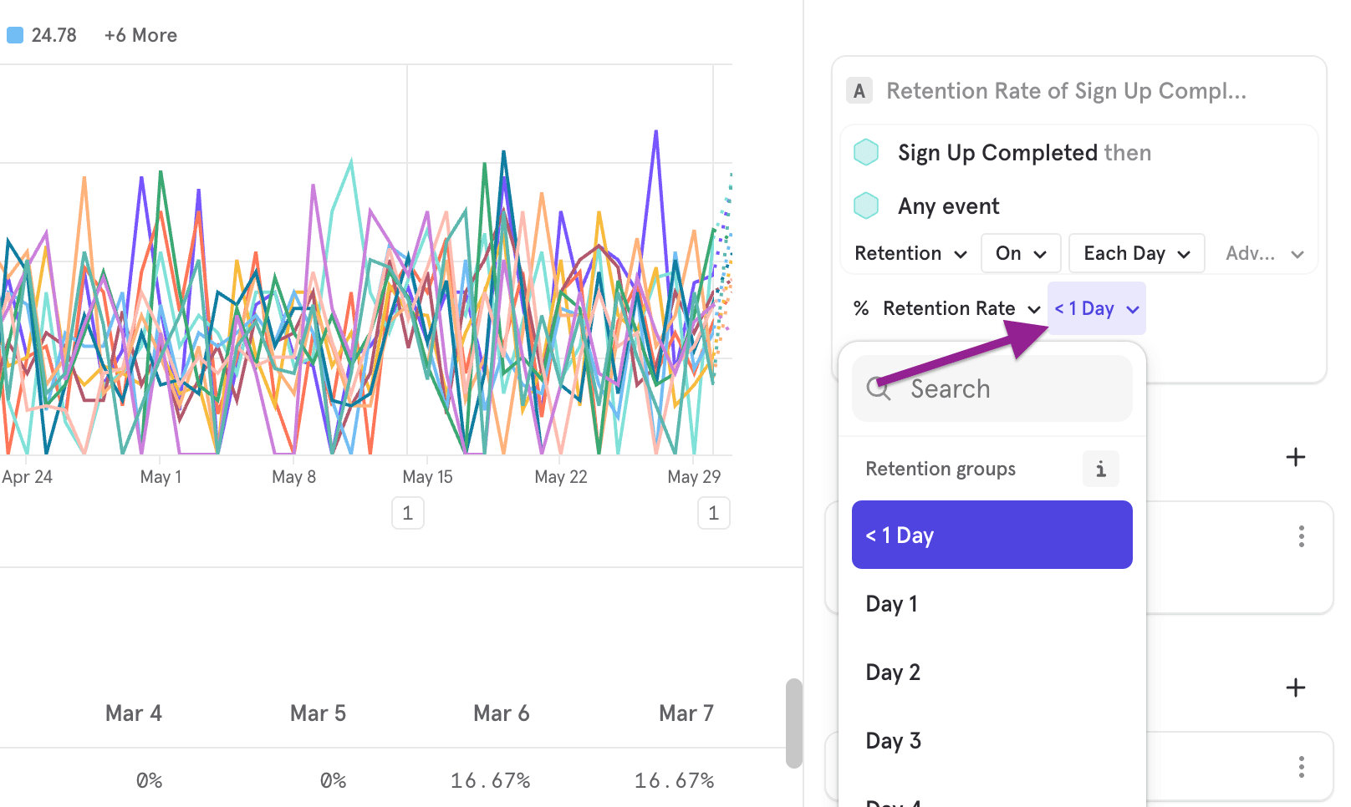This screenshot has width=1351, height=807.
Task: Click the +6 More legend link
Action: click(x=140, y=35)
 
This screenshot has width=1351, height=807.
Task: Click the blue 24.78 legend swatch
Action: click(x=15, y=35)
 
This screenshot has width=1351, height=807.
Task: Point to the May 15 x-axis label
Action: click(x=427, y=477)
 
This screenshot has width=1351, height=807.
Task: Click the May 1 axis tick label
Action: click(x=161, y=477)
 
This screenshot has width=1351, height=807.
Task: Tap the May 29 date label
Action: click(x=694, y=477)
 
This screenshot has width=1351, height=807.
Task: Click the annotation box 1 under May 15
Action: click(x=408, y=513)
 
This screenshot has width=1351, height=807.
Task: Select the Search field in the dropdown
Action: click(x=992, y=389)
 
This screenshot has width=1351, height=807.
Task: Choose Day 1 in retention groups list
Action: click(x=892, y=604)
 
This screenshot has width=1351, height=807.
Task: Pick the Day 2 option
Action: click(x=893, y=672)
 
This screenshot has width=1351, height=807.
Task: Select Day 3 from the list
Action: click(x=894, y=741)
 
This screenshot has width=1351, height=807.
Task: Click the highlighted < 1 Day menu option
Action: click(x=992, y=535)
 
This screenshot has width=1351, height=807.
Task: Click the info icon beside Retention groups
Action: click(x=1100, y=469)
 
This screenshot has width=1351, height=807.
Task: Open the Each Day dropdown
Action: click(x=1136, y=254)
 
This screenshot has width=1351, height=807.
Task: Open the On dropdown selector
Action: click(x=1021, y=254)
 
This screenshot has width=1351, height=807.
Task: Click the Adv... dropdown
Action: click(x=1263, y=254)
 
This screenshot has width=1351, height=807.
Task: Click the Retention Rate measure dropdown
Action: click(x=959, y=309)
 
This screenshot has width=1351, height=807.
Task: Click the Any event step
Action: click(x=948, y=206)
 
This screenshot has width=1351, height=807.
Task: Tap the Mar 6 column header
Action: click(x=501, y=713)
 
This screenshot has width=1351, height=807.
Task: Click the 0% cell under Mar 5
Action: click(x=333, y=780)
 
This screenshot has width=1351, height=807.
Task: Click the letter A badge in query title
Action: click(x=859, y=91)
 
